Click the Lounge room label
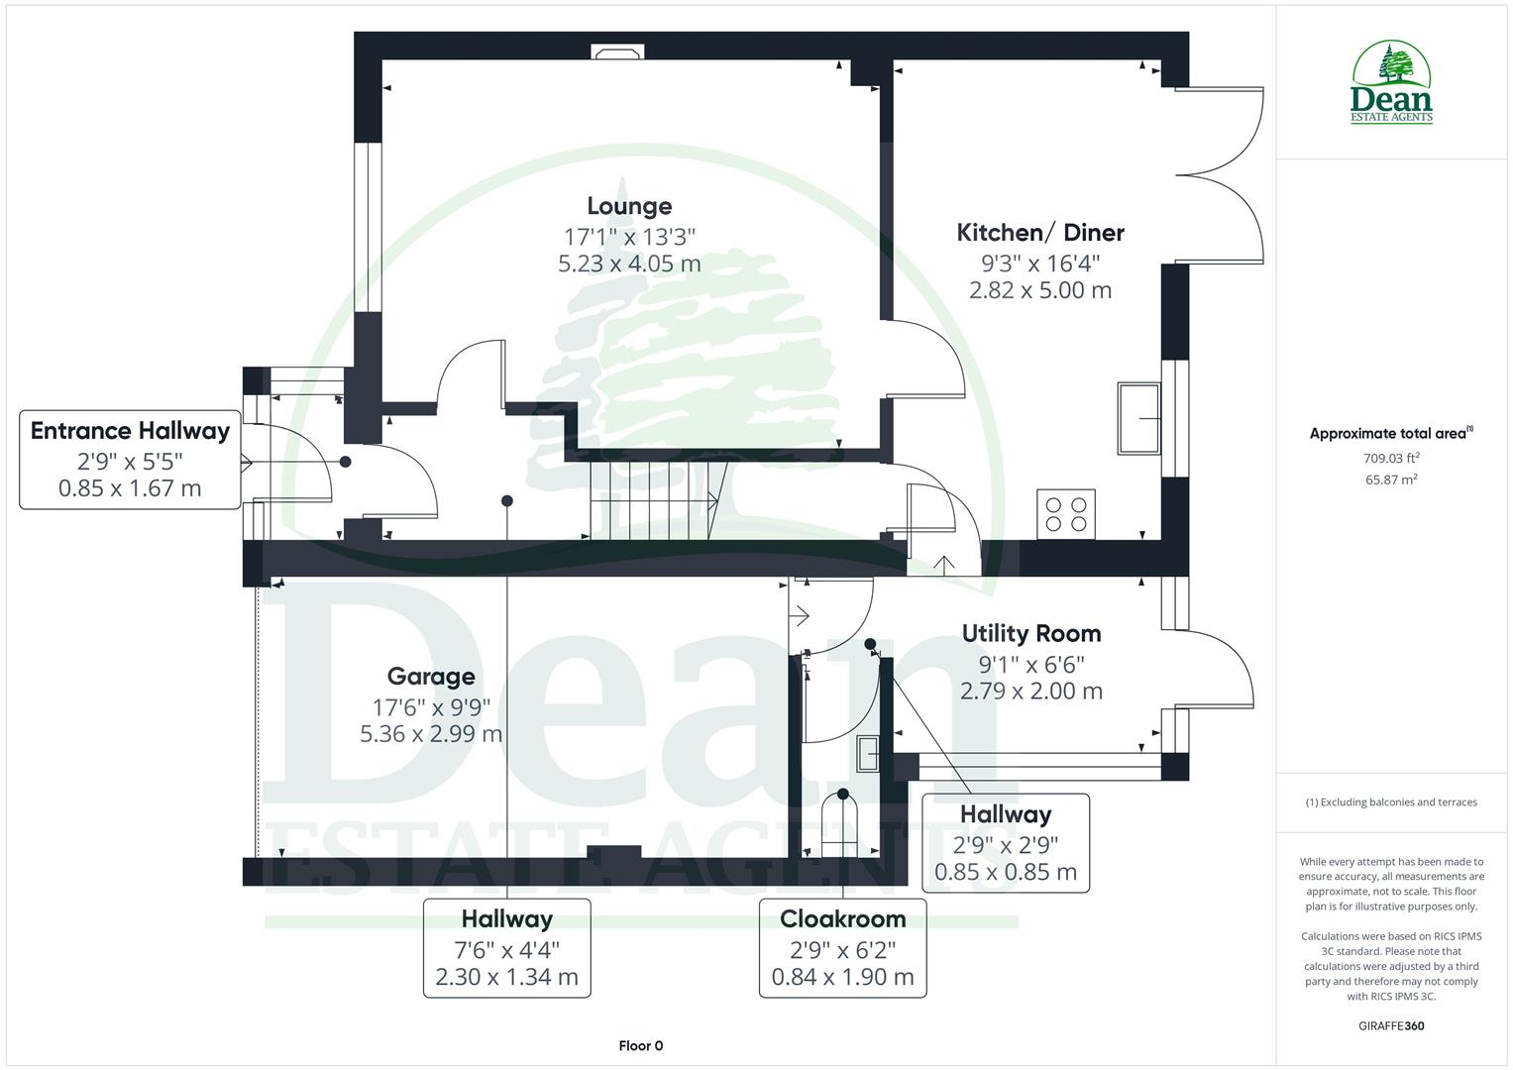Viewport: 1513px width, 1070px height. (629, 206)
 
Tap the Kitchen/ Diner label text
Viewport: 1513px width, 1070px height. (1039, 233)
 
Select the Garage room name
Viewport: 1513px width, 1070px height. (430, 677)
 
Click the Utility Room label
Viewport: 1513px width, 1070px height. (1030, 633)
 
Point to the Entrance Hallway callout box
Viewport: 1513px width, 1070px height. (130, 459)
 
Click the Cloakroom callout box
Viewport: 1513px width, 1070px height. (842, 947)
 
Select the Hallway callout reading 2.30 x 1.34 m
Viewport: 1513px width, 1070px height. (506, 947)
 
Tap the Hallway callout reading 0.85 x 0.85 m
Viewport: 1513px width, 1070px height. (1005, 842)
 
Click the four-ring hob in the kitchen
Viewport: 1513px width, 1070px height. (1066, 513)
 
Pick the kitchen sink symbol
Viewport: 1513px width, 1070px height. (1139, 418)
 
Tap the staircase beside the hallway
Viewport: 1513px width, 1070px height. (654, 500)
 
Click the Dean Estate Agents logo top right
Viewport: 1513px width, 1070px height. (1391, 83)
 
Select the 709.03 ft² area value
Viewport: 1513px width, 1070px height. (1391, 458)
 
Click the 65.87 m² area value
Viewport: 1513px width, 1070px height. (1391, 480)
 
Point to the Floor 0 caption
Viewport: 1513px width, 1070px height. (640, 1045)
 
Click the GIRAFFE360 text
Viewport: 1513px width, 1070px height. (1391, 1025)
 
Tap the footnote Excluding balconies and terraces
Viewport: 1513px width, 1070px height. (1391, 802)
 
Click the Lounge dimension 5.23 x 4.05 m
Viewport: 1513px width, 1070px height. (629, 264)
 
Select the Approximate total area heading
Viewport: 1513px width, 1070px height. (1389, 433)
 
